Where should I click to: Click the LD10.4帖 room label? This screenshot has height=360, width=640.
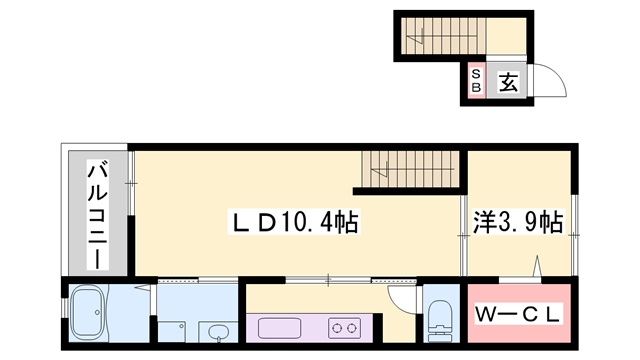point(293,222)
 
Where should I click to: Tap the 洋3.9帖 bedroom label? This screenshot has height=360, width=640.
point(518,222)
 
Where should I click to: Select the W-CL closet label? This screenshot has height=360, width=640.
point(518,315)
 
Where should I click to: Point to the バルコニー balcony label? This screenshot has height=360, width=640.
point(98,216)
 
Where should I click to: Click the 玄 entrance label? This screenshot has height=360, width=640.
point(509,82)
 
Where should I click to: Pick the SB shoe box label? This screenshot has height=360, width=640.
point(476,80)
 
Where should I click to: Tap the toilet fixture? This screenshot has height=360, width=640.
point(441,322)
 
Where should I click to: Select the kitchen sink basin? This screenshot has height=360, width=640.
point(280,329)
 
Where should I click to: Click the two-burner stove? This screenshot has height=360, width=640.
point(344,328)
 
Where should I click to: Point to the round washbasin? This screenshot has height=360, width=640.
point(218,331)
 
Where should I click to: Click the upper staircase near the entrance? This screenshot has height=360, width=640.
point(444,36)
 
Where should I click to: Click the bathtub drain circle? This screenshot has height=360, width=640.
point(97,312)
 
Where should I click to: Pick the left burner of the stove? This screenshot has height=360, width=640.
point(338,328)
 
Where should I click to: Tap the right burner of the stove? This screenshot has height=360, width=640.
point(351,328)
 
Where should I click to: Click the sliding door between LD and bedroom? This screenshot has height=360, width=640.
point(464,236)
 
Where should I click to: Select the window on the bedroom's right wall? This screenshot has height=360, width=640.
point(574,235)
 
